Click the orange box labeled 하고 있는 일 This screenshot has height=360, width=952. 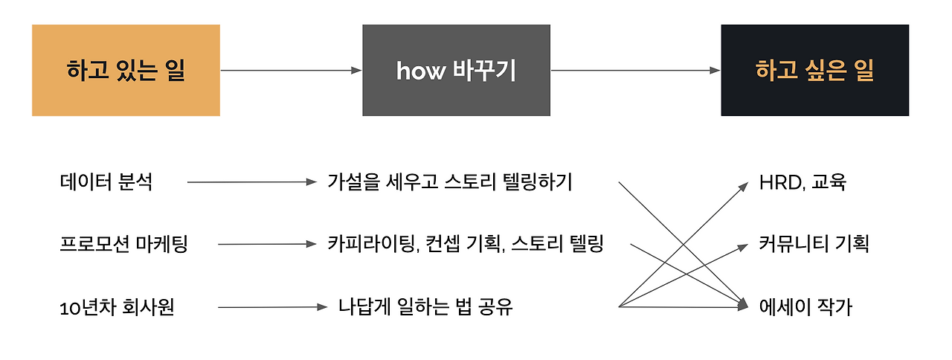[126, 71]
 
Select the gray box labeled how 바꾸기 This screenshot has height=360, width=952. [456, 71]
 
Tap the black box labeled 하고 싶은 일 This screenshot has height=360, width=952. [814, 71]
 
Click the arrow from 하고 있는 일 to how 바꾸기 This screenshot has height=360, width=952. [290, 71]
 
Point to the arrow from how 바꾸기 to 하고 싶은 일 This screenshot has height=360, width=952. [635, 71]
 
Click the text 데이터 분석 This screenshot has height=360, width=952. [106, 182]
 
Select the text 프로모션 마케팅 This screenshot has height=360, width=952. [123, 244]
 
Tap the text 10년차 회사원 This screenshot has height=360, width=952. [117, 306]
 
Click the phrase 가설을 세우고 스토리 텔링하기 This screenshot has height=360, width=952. [450, 182]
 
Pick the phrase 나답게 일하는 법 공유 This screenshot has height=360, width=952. [425, 306]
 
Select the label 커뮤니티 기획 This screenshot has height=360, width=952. [814, 244]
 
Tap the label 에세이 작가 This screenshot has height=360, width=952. [805, 306]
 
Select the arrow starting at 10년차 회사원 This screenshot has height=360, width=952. [272, 306]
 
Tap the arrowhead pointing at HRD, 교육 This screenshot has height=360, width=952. [746, 186]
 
